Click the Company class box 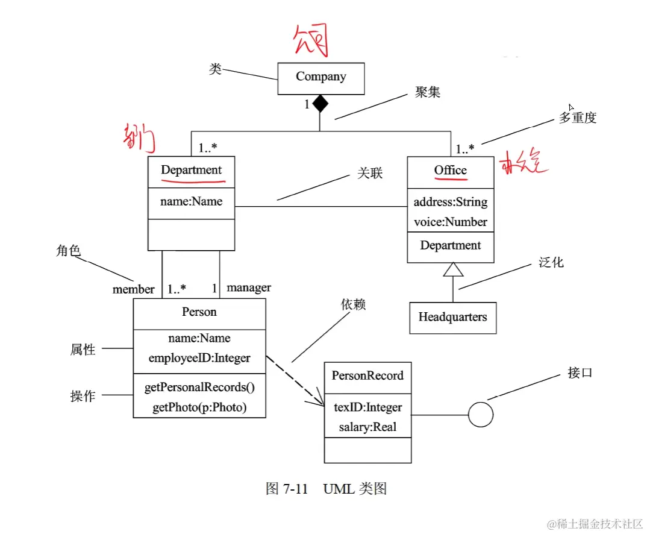pos(320,78)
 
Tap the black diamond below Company pos(320,104)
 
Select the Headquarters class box pos(453,318)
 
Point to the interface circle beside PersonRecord pos(481,415)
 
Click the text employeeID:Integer pos(199,358)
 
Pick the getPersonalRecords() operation pos(199,388)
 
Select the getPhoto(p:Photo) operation pos(199,407)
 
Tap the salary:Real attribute pos(367,427)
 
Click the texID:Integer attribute pos(367,407)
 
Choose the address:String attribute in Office pos(451,202)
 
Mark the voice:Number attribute pos(451,222)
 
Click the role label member pos(133,289)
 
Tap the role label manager pos(249,287)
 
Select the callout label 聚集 pos(428,92)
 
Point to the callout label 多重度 pos(577,118)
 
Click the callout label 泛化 pos(551,263)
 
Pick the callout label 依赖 pos(353,305)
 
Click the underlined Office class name pos(451,171)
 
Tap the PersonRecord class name pos(367,375)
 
